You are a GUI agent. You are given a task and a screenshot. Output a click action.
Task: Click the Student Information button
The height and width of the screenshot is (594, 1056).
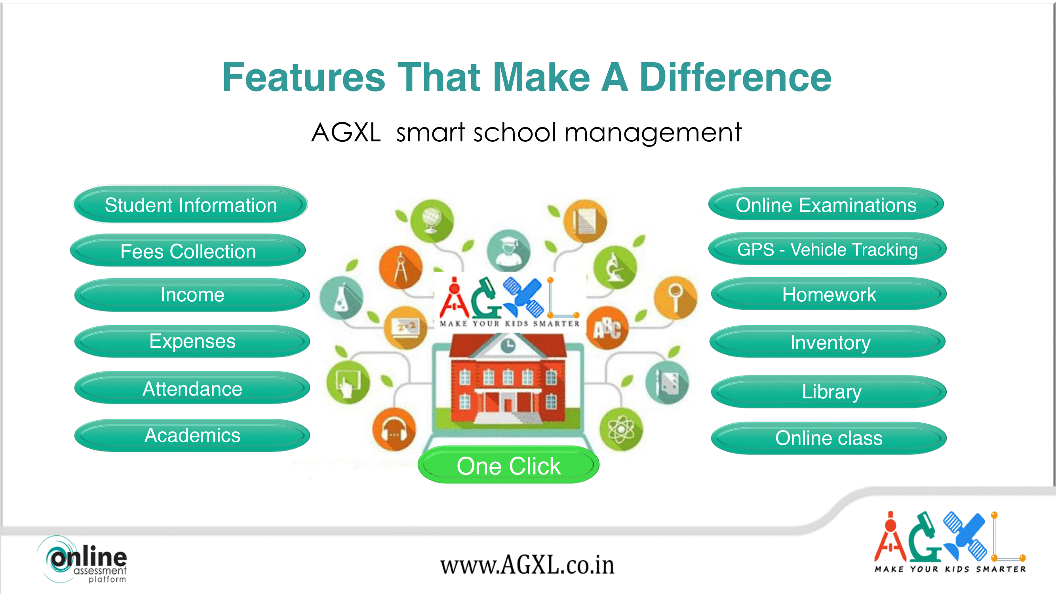pyautogui.click(x=190, y=205)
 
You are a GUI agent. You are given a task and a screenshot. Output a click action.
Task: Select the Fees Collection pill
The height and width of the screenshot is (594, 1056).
pyautogui.click(x=188, y=251)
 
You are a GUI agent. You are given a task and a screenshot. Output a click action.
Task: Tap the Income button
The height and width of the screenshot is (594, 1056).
pyautogui.click(x=192, y=295)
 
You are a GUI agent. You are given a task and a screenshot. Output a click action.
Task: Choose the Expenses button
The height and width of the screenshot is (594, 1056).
pyautogui.click(x=192, y=341)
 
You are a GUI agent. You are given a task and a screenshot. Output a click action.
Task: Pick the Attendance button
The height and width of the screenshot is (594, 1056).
pyautogui.click(x=192, y=388)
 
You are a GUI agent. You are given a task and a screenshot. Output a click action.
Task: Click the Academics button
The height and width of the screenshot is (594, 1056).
pyautogui.click(x=192, y=435)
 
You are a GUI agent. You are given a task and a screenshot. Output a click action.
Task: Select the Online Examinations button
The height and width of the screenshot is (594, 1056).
pyautogui.click(x=826, y=204)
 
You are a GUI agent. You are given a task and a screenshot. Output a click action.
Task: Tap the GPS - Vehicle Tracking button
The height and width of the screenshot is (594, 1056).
pyautogui.click(x=827, y=249)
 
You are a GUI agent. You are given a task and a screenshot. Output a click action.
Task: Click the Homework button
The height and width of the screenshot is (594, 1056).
pyautogui.click(x=829, y=294)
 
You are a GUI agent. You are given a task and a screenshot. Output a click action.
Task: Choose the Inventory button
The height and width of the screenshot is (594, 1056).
pyautogui.click(x=828, y=341)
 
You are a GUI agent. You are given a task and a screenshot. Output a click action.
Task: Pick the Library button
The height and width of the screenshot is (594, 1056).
pyautogui.click(x=829, y=392)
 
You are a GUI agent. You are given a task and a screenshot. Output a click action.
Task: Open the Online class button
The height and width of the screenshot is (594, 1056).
pyautogui.click(x=829, y=438)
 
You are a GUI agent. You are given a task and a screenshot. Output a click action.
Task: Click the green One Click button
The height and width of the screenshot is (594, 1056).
pyautogui.click(x=508, y=465)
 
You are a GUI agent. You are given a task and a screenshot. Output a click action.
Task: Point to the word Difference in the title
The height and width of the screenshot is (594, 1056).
pyautogui.click(x=735, y=77)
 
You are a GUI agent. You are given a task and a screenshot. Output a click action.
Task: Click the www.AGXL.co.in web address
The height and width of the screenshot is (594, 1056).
pyautogui.click(x=527, y=565)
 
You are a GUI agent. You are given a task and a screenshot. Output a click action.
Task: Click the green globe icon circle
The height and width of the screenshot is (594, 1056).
pyautogui.click(x=432, y=221)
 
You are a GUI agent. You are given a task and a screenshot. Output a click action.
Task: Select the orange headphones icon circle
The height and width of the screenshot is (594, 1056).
pyautogui.click(x=394, y=429)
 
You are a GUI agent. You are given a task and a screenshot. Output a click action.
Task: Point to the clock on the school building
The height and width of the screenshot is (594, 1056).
pyautogui.click(x=508, y=345)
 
